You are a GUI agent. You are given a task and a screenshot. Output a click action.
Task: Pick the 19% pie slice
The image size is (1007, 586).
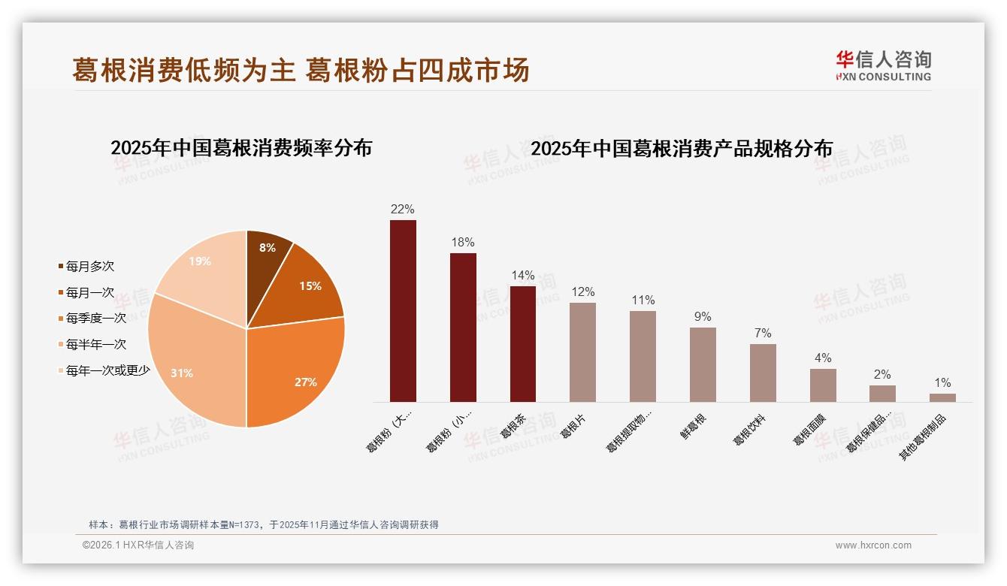[203, 267]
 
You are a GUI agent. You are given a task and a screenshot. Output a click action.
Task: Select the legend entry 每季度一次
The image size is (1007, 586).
[95, 318]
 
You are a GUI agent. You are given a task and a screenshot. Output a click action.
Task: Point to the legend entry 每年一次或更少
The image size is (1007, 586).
[107, 370]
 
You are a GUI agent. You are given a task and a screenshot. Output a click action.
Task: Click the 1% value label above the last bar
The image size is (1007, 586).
[942, 382]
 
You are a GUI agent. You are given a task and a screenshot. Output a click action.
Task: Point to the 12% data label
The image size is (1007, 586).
[582, 291]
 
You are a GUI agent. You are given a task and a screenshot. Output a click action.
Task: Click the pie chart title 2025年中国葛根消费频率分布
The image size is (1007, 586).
[241, 148]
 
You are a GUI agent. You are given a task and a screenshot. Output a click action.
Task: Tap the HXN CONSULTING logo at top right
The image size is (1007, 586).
[884, 65]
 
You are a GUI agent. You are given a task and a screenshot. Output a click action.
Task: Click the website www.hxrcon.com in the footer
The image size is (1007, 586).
[873, 545]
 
